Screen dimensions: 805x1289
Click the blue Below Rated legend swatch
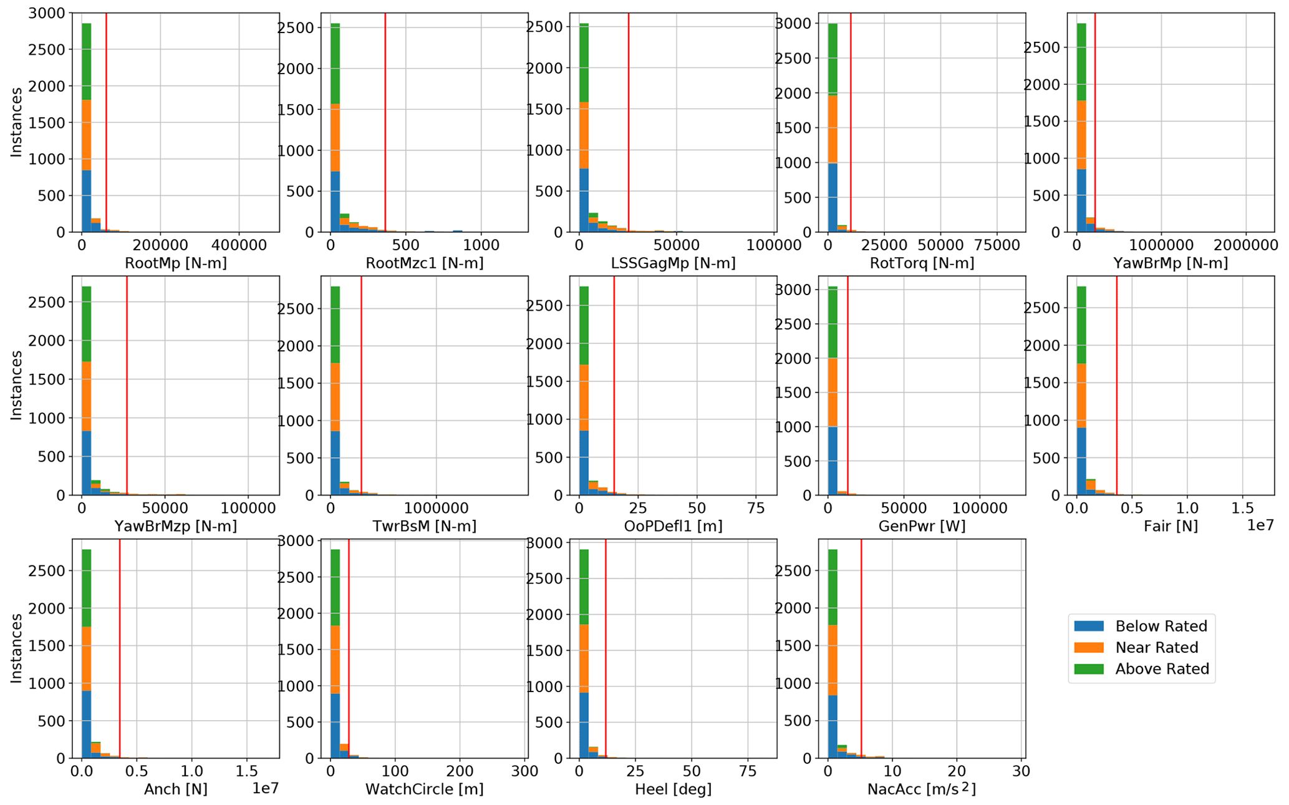click(x=1088, y=626)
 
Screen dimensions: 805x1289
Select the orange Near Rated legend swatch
click(x=1088, y=648)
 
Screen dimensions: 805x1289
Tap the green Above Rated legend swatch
click(x=1088, y=669)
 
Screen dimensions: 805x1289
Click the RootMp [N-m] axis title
click(x=176, y=263)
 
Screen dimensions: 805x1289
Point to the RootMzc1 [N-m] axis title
click(x=424, y=263)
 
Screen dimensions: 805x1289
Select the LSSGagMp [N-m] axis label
click(x=673, y=263)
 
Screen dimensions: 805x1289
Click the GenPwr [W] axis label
click(x=922, y=526)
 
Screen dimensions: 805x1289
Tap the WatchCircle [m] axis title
click(x=424, y=789)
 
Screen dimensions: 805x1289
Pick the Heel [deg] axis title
click(x=673, y=789)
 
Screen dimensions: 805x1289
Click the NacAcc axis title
click(x=922, y=789)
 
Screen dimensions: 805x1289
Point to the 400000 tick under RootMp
click(x=239, y=245)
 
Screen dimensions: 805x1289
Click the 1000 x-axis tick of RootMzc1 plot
click(x=481, y=245)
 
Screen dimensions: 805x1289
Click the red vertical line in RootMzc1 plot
click(x=385, y=125)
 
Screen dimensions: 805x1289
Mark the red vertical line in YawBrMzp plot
click(x=127, y=387)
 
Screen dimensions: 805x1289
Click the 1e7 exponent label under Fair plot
click(x=1260, y=525)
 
